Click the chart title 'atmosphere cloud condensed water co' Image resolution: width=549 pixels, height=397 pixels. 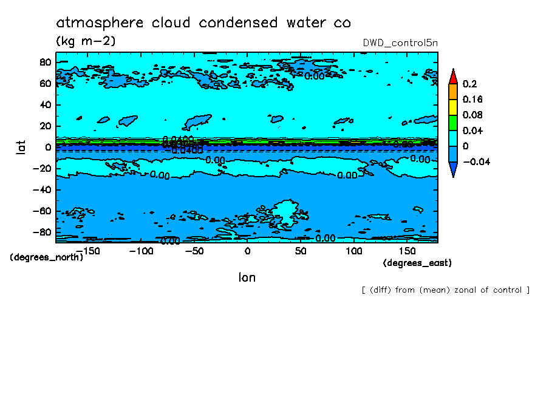pyautogui.click(x=203, y=23)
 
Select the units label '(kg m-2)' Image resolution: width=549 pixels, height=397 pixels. pyautogui.click(x=85, y=41)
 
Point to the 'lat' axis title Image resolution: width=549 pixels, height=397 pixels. pyautogui.click(x=21, y=146)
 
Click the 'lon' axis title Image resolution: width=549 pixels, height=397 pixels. pyautogui.click(x=247, y=277)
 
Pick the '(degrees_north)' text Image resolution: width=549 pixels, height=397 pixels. pyautogui.click(x=47, y=257)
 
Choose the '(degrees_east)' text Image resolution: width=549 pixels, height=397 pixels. pyautogui.click(x=417, y=263)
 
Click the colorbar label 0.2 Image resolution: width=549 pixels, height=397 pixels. pyautogui.click(x=469, y=83)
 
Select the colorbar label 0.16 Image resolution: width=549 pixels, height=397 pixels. pyautogui.click(x=472, y=99)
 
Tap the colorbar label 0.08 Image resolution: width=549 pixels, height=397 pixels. pyautogui.click(x=472, y=115)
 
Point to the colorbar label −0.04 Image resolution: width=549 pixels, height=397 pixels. pyautogui.click(x=476, y=161)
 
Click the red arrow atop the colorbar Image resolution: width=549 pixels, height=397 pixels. pyautogui.click(x=452, y=76)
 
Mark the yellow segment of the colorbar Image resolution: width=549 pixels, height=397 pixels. pyautogui.click(x=452, y=107)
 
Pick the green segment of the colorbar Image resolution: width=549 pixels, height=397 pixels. pyautogui.click(x=452, y=123)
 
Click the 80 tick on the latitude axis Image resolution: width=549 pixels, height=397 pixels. pyautogui.click(x=44, y=62)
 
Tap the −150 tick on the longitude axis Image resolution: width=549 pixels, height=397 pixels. pyautogui.click(x=88, y=251)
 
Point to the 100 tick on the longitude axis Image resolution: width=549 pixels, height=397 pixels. pyautogui.click(x=353, y=251)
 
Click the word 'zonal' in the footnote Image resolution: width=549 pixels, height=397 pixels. pyautogui.click(x=463, y=290)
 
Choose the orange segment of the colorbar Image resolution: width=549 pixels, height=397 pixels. pyautogui.click(x=452, y=91)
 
